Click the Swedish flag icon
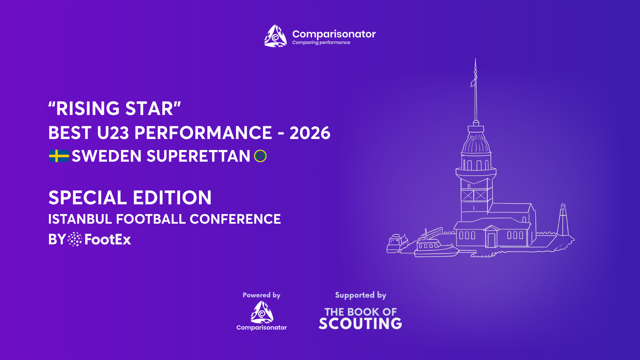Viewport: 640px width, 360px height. [x=59, y=156]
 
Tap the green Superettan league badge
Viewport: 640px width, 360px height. [x=260, y=156]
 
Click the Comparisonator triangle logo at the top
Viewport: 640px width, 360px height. [x=275, y=36]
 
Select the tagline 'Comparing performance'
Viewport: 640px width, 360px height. [x=321, y=43]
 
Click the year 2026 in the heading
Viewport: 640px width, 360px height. [x=310, y=133]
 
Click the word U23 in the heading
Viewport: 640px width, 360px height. [x=113, y=133]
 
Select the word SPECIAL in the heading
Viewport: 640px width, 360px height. [x=86, y=198]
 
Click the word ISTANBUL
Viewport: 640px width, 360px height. [x=80, y=219]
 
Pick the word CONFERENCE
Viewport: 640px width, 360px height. [x=235, y=219]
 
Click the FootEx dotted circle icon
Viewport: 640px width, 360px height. [x=75, y=239]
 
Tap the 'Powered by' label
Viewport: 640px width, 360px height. [x=261, y=295]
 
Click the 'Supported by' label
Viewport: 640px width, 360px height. [x=361, y=295]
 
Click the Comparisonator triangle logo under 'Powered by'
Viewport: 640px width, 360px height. [x=262, y=312]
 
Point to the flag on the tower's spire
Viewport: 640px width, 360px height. [x=474, y=81]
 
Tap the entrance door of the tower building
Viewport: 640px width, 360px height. [x=491, y=240]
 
